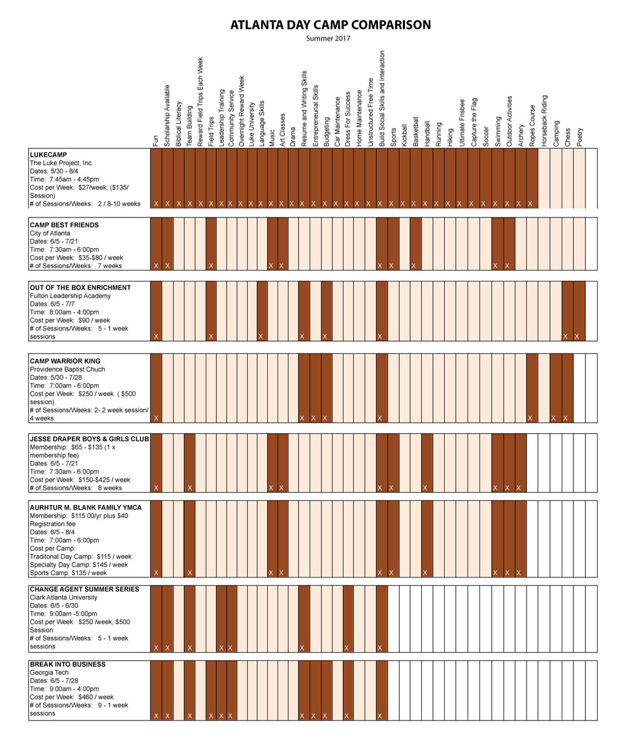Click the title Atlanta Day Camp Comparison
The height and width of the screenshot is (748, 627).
[330, 25]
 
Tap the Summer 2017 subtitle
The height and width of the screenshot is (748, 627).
[328, 39]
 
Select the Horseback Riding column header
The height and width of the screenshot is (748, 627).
[544, 121]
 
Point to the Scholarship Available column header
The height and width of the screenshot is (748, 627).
[167, 116]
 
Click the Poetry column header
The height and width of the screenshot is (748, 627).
[579, 137]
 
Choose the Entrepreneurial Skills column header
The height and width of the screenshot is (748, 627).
[315, 116]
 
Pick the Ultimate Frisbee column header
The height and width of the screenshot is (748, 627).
[462, 123]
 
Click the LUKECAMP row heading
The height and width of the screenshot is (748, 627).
[48, 155]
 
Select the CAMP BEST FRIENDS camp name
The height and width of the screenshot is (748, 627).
[65, 225]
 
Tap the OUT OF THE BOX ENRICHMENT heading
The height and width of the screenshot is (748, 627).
[80, 287]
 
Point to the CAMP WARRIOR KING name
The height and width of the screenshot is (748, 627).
[65, 361]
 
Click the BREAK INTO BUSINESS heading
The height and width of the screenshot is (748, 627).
[68, 664]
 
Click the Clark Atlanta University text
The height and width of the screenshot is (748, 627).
[63, 597]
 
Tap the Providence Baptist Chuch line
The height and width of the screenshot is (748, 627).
[67, 369]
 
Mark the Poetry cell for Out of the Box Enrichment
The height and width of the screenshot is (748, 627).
[579, 311]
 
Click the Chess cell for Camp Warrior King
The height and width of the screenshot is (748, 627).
[568, 388]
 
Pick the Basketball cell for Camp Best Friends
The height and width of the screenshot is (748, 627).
[415, 244]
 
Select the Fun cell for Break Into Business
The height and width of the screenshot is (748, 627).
[156, 691]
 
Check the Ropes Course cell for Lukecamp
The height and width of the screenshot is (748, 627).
[532, 178]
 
